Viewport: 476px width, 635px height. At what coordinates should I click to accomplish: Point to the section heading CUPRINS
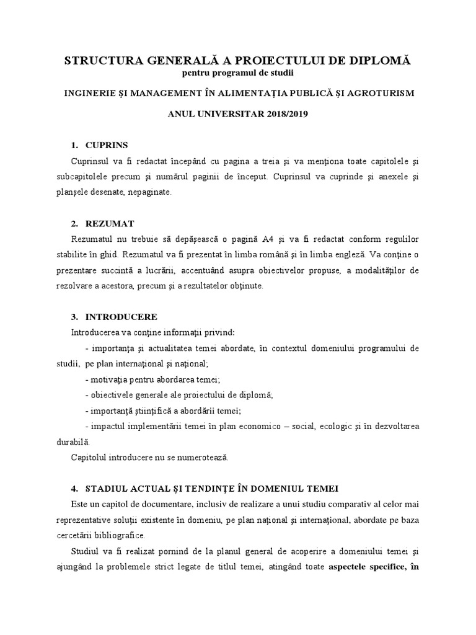tap(106, 145)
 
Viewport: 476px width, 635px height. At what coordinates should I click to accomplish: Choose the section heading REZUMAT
tap(108, 223)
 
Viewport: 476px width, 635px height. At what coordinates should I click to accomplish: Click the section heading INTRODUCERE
tap(121, 316)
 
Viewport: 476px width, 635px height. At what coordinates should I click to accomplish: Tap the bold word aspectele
tap(355, 567)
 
